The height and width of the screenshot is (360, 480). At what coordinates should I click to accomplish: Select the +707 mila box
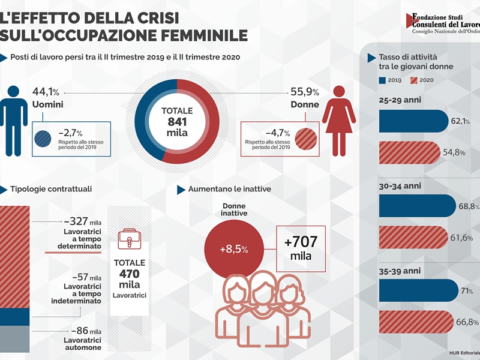pyautogui.click(x=300, y=248)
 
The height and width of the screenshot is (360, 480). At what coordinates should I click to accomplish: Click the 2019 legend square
pyautogui.click(x=382, y=80)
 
